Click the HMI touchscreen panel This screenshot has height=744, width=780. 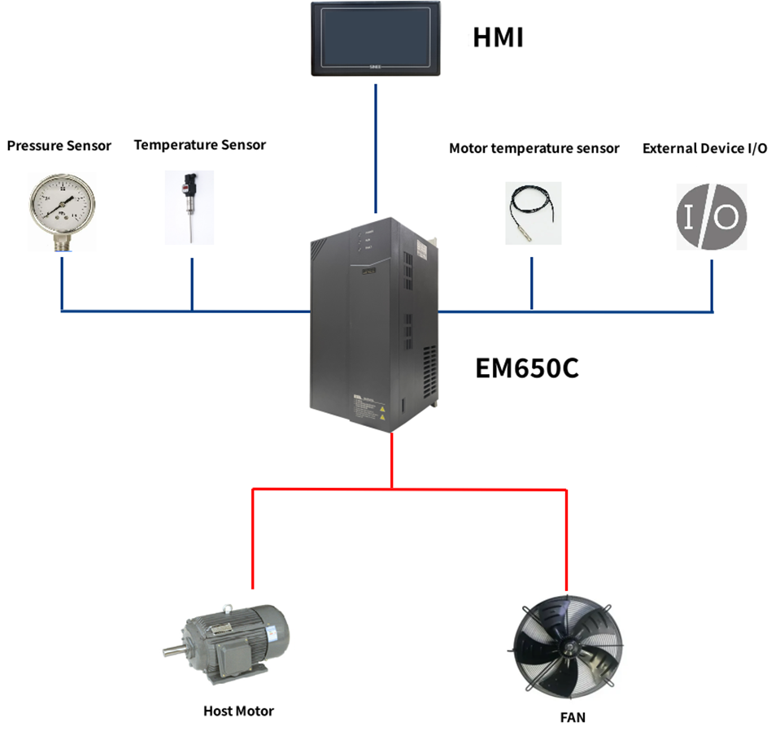(x=375, y=39)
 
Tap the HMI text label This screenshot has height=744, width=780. (x=497, y=38)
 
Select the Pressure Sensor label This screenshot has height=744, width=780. (x=59, y=146)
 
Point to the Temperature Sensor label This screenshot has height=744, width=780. (x=200, y=145)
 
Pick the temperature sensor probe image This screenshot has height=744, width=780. (x=189, y=207)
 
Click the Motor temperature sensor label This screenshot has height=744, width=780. (x=534, y=148)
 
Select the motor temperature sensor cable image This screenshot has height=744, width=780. (x=532, y=212)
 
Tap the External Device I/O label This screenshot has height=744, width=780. (x=704, y=148)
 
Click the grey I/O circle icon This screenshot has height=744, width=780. (x=712, y=215)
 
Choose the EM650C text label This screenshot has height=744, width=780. (x=527, y=368)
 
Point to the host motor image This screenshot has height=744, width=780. (x=232, y=643)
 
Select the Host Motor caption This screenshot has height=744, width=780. (x=238, y=711)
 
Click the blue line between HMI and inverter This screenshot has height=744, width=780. (x=376, y=146)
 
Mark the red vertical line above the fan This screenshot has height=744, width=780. (x=565, y=537)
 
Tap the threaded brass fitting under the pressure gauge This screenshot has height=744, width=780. (x=62, y=241)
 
